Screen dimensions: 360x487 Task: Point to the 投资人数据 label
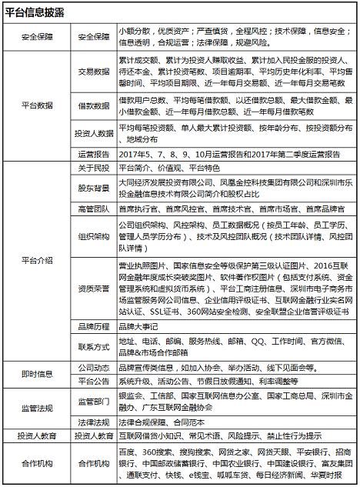[x=92, y=134]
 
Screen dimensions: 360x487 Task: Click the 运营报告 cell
[x=92, y=154]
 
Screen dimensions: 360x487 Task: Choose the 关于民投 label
[x=92, y=168]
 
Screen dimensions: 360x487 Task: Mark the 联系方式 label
[x=92, y=347]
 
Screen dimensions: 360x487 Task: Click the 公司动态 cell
[x=92, y=367]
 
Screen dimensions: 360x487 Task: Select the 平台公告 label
[x=92, y=379]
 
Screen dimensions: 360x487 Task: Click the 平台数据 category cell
[x=37, y=105]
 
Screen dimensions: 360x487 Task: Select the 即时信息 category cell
[x=37, y=373]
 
